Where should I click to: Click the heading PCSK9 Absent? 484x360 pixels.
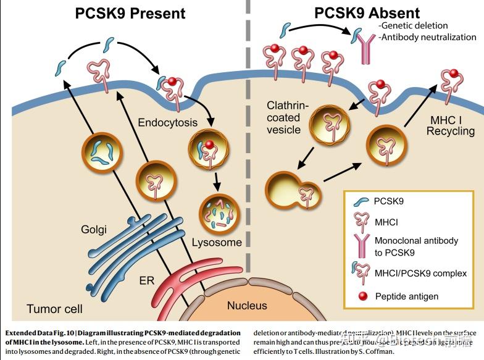click(367, 12)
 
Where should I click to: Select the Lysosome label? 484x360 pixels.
click(216, 242)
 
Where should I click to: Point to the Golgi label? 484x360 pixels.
click(94, 230)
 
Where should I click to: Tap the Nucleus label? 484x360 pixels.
click(247, 305)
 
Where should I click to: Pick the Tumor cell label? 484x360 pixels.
click(54, 308)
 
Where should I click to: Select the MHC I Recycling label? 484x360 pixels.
click(451, 123)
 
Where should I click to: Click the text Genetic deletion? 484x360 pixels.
click(411, 25)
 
